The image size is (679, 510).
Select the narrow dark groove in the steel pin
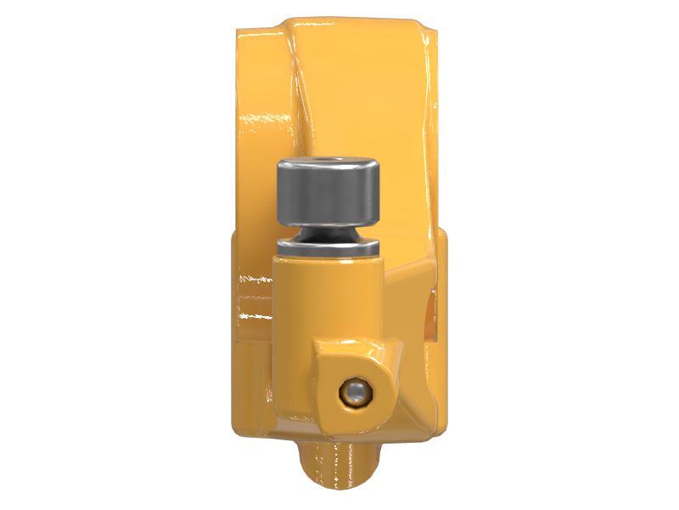tap(328, 234)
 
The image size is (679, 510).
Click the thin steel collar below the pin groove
tap(328, 248)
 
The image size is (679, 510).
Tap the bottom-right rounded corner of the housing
tap(429, 416)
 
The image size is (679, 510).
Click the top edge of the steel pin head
tap(328, 157)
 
